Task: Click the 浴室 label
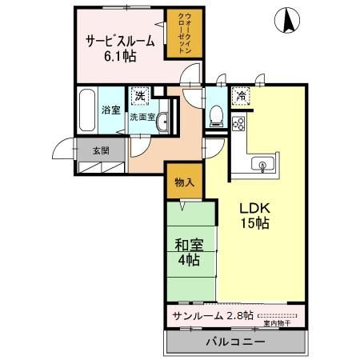point(110,110)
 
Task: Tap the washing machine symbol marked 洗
point(139,96)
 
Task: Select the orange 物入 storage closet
point(185,182)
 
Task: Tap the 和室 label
point(188,245)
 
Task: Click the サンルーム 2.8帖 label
point(207,314)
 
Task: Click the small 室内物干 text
point(276,323)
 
